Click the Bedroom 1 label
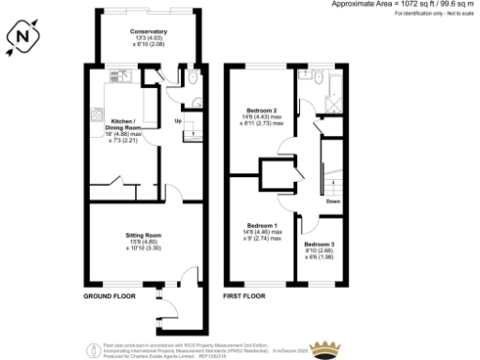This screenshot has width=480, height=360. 262,226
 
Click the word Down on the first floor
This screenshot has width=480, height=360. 332,201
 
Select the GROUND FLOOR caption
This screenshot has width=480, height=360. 111,296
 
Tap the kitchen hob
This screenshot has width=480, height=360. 97,116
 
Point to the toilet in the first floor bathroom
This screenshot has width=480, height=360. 306,75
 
